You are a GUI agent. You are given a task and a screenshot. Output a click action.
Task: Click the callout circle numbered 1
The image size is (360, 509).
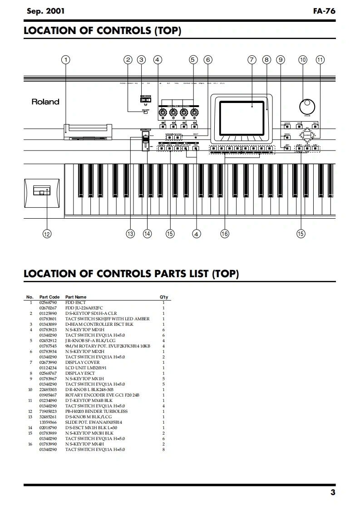(x=66, y=59)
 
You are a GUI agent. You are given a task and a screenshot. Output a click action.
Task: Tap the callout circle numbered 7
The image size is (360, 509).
(x=252, y=59)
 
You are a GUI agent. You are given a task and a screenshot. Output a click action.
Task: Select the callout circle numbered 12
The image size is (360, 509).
(x=47, y=234)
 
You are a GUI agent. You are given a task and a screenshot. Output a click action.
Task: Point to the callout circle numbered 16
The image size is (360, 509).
(x=225, y=234)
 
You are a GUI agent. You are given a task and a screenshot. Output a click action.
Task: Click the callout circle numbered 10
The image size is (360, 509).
(x=303, y=59)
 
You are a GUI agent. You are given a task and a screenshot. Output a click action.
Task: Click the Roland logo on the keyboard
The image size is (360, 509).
(x=45, y=102)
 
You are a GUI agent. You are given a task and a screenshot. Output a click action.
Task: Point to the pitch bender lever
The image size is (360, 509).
(x=41, y=192)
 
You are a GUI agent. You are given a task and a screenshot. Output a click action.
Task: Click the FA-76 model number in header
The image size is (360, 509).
(x=324, y=11)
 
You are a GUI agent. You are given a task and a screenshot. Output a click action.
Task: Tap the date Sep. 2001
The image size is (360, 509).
(x=45, y=11)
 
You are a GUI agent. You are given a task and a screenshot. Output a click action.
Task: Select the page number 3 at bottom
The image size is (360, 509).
(x=333, y=493)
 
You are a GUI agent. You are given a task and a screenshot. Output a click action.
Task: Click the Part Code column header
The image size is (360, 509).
(x=49, y=297)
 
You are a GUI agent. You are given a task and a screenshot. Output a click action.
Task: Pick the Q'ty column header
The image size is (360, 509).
(x=163, y=297)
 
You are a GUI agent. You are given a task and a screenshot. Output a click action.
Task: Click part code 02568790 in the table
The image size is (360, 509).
(x=48, y=303)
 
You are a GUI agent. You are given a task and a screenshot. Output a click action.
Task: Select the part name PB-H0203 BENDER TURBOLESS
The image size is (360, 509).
(x=96, y=411)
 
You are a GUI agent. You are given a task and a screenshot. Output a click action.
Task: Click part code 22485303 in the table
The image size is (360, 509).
(x=48, y=390)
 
